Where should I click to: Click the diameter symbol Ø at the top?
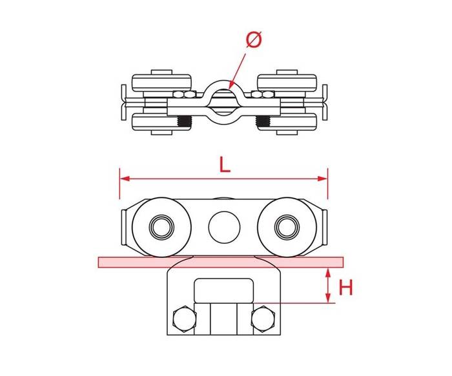coord(254,39)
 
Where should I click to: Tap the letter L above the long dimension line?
coord(225,165)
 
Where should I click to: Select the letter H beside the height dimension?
coord(345,288)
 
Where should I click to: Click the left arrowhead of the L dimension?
coord(125,179)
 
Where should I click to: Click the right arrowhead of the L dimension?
coord(322,179)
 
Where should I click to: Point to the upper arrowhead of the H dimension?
coord(328,273)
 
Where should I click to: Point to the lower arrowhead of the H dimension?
coord(328,298)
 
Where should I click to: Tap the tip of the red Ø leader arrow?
coord(229,88)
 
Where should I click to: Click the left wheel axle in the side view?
coord(161,228)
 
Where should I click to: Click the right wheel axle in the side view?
coord(287,228)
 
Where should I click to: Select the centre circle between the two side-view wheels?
coord(224,227)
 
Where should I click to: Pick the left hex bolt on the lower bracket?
coord(185,319)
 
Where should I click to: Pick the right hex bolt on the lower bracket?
coord(263,319)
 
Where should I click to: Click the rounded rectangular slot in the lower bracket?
coord(224,290)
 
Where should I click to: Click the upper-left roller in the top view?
coord(161,83)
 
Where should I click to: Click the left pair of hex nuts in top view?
coord(185,94)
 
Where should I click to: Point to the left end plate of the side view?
coord(123,228)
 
